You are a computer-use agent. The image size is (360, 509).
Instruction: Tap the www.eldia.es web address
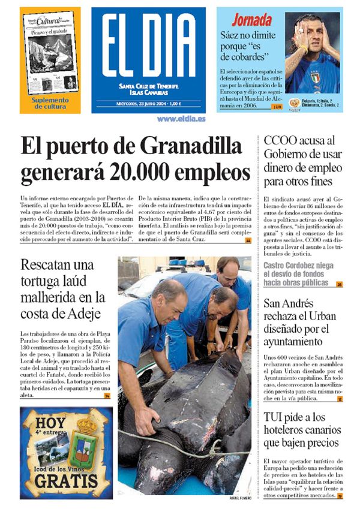click(181, 119)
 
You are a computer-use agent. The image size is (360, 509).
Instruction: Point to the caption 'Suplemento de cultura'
click(50, 103)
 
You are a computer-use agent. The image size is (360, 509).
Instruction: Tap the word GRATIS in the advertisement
click(65, 481)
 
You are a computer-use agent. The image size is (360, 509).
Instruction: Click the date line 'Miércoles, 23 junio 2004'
click(149, 103)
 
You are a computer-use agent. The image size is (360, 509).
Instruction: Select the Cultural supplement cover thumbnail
click(50, 53)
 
